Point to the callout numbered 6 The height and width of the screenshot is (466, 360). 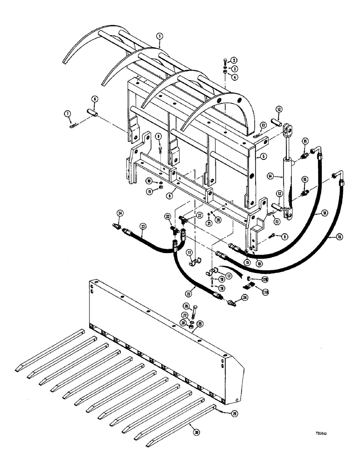(x=94, y=99)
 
